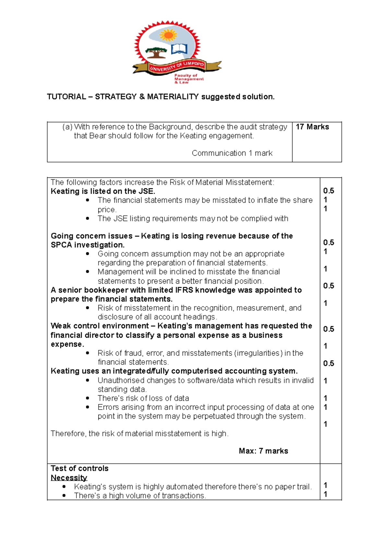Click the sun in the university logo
tap(168, 35)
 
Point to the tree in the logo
tap(156, 52)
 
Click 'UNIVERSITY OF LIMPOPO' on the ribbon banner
tap(177, 66)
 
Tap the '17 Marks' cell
tap(312, 127)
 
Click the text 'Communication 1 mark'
tap(232, 153)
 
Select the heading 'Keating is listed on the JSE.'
tap(103, 191)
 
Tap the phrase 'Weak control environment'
tap(100, 326)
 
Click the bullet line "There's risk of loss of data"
tap(143, 398)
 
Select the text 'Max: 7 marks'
tap(263, 451)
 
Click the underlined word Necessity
tap(69, 477)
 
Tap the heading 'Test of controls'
tap(79, 468)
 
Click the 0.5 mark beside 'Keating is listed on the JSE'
tap(328, 191)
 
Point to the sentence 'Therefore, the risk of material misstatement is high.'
tap(139, 434)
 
